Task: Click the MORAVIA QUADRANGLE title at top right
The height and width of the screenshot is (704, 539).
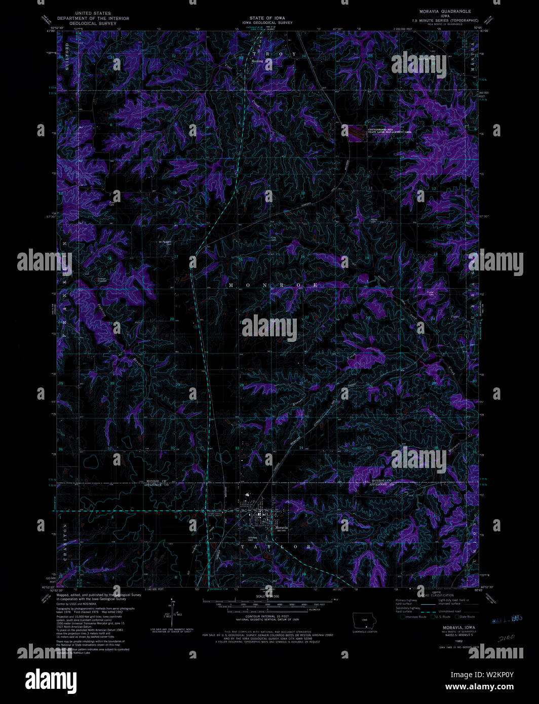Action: click(445, 11)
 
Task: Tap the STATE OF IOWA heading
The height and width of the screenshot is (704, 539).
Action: click(267, 18)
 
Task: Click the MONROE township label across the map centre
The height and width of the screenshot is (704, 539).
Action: click(273, 285)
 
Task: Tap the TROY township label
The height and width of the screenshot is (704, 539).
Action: click(274, 54)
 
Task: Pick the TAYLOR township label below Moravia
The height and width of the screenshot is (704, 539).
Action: click(276, 547)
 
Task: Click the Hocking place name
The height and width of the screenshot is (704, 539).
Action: click(258, 61)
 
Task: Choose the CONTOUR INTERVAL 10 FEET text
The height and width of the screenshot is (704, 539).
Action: click(267, 616)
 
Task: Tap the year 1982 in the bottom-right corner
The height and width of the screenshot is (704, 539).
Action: click(459, 641)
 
